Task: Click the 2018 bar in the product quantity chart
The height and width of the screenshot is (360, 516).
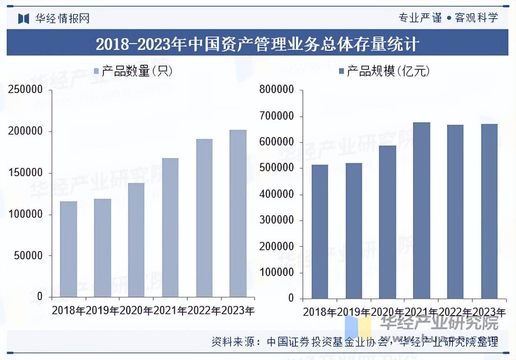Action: pyautogui.click(x=69, y=249)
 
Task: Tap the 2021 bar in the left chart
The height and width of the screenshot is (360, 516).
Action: pyautogui.click(x=170, y=227)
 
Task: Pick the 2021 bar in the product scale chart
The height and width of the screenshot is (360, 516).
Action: pyautogui.click(x=422, y=210)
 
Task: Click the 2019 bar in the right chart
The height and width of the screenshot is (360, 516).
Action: pyautogui.click(x=354, y=231)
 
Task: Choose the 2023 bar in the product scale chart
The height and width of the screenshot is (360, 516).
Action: pyautogui.click(x=489, y=211)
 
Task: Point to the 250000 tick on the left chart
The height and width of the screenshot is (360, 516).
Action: pyautogui.click(x=25, y=90)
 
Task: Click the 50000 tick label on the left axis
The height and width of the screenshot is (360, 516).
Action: pyautogui.click(x=28, y=256)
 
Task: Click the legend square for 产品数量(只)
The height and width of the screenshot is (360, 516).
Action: pyautogui.click(x=96, y=72)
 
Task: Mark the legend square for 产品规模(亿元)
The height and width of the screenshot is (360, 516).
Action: pyautogui.click(x=342, y=72)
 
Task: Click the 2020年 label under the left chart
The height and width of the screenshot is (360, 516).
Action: pyautogui.click(x=136, y=311)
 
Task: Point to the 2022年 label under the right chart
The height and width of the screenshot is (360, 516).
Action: pyautogui.click(x=456, y=312)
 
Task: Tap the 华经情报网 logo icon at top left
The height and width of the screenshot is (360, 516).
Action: pyautogui.click(x=24, y=18)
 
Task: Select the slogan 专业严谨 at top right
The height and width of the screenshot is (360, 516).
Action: pyautogui.click(x=420, y=18)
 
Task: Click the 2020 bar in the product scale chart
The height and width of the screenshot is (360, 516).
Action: pyautogui.click(x=388, y=222)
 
